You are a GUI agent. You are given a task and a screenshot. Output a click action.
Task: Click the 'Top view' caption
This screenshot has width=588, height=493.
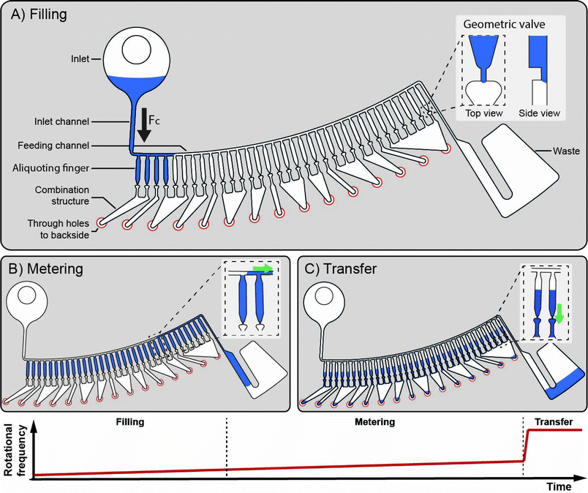[x=480, y=113]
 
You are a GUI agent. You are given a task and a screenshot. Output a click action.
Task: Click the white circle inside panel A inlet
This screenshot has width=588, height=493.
[x=136, y=52]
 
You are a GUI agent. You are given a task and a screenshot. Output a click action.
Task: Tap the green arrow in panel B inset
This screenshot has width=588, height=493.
[x=262, y=269]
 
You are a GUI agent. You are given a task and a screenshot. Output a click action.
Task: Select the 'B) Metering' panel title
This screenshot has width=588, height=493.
[x=47, y=268]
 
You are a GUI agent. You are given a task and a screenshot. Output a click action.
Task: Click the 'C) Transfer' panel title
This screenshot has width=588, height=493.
[x=342, y=268]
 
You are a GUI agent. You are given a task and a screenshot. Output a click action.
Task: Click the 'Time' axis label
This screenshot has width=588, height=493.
[x=565, y=486]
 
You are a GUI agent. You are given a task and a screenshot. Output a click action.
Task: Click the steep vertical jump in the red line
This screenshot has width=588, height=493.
[x=525, y=446]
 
